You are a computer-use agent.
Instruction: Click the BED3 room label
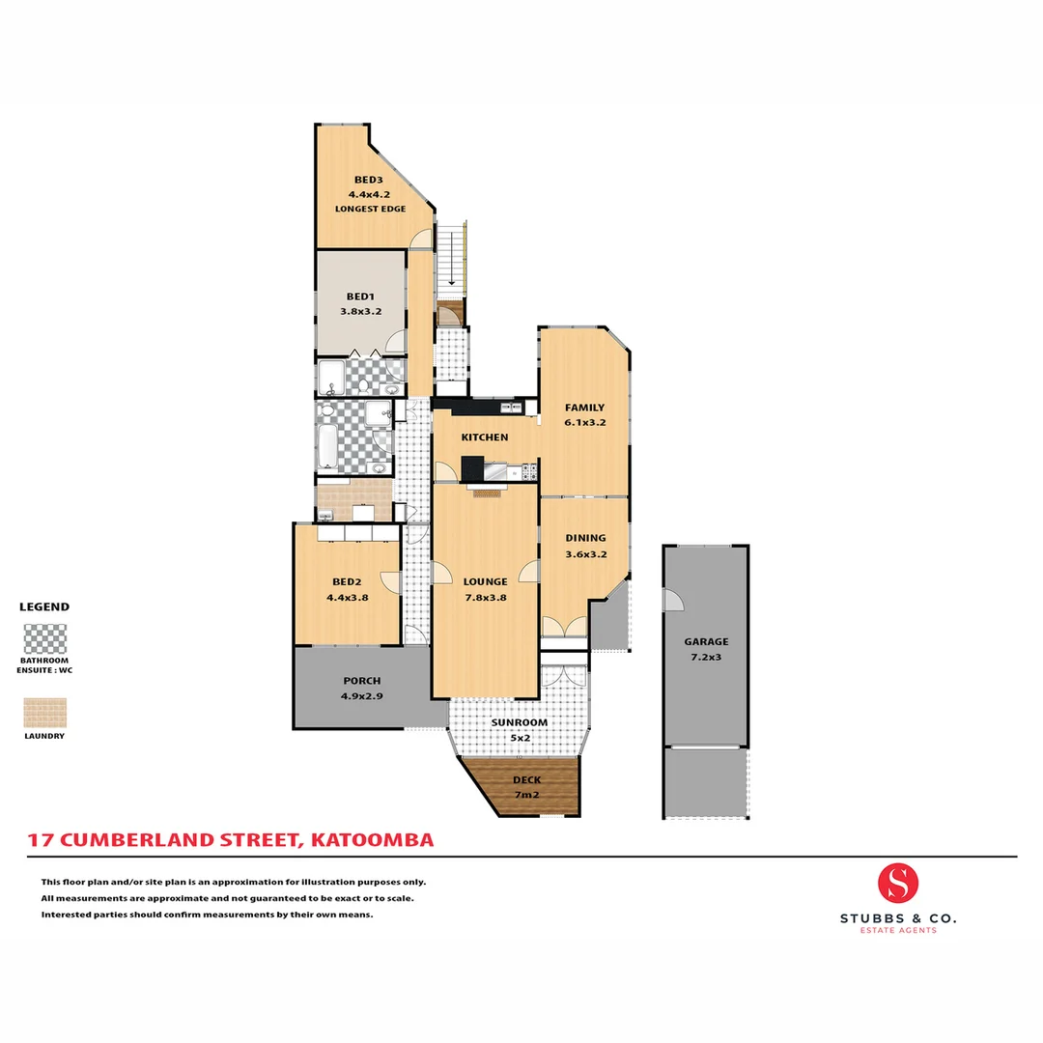pos(368,180)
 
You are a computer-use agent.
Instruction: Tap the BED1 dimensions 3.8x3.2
pos(361,312)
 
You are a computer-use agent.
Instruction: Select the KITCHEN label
pos(484,437)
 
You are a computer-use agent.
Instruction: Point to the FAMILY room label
pos(584,408)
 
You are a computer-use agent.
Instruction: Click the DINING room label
pos(585,538)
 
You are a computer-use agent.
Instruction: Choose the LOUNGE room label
pos(485,581)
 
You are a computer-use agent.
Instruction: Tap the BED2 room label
pos(347,581)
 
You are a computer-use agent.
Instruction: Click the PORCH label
pos(361,681)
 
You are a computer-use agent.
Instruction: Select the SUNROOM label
pos(520,722)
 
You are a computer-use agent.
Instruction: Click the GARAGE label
pos(706,641)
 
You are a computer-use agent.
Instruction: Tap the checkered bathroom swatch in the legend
pos(45,639)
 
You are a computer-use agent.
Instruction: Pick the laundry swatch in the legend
pos(45,713)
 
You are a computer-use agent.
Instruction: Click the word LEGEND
pos(44,607)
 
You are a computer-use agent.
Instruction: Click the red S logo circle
pos(898,883)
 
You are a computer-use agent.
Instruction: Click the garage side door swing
pos(672,600)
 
